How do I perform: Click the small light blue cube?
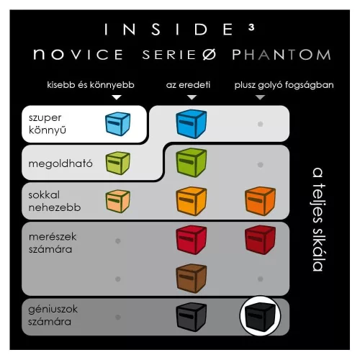tap(118, 124)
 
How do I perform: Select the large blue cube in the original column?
tap(192, 124)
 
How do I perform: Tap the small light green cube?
tap(118, 163)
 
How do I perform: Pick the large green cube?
tap(192, 163)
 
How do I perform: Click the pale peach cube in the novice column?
tap(118, 201)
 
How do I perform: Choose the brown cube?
tap(192, 279)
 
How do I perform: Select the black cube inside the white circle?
tap(260, 316)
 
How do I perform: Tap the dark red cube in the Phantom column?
tap(260, 240)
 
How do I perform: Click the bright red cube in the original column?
tap(192, 240)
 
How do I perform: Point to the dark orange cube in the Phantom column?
tap(260, 201)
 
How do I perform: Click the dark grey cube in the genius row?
tap(192, 317)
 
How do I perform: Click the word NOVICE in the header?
tap(78, 54)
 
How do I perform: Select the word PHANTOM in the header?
tap(282, 55)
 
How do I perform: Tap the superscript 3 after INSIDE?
tap(251, 27)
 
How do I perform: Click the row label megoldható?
tap(60, 163)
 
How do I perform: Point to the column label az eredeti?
tap(188, 85)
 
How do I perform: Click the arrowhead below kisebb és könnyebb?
tap(117, 97)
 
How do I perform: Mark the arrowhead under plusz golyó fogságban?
tap(260, 97)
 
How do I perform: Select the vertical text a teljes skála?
tap(318, 220)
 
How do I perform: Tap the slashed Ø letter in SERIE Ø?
tap(209, 55)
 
